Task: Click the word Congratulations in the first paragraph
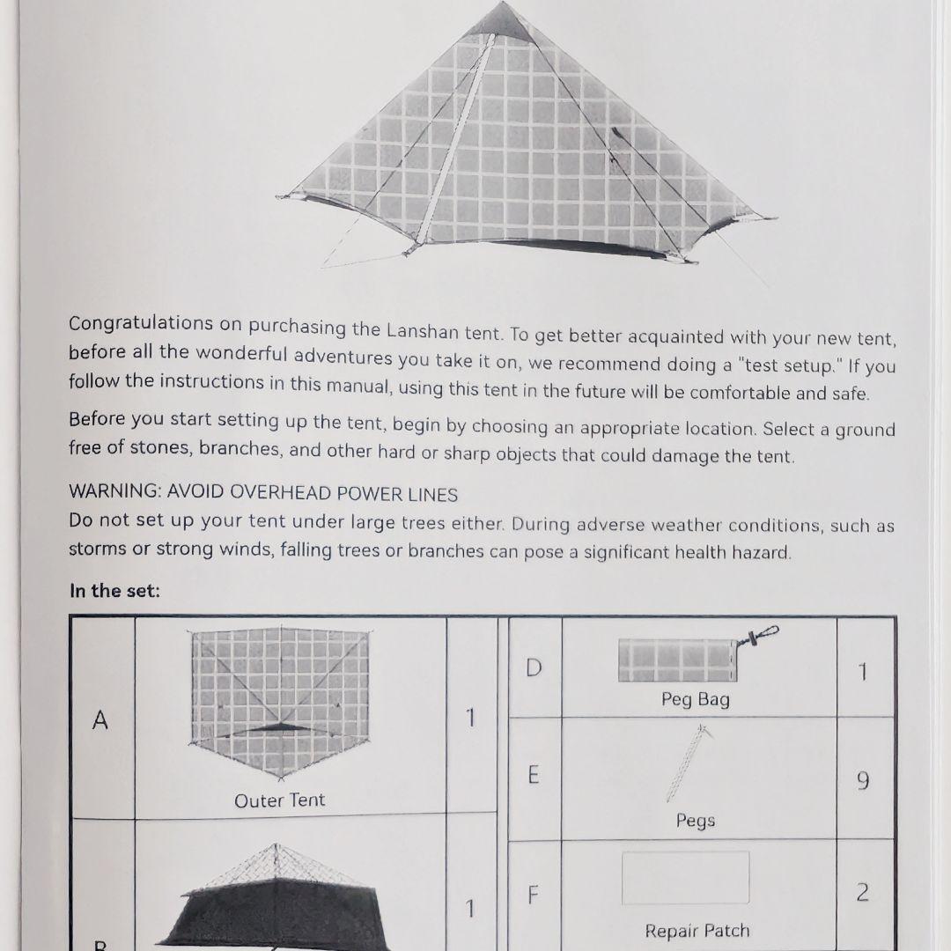pos(141,323)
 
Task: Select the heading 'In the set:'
pos(114,591)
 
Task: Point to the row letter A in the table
pos(100,720)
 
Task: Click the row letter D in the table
pos(533,668)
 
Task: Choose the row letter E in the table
pos(533,775)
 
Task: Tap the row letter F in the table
pos(533,895)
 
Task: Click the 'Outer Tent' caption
pos(279,800)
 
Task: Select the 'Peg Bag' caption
pos(696,700)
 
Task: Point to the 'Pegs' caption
pos(696,821)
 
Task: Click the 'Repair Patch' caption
pos(697,931)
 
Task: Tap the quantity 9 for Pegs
pos(863,780)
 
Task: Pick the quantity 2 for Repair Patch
pos(863,893)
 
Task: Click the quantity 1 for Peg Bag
pos(863,672)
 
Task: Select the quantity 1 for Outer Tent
pos(470,719)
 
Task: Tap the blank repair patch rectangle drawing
pos(685,877)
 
